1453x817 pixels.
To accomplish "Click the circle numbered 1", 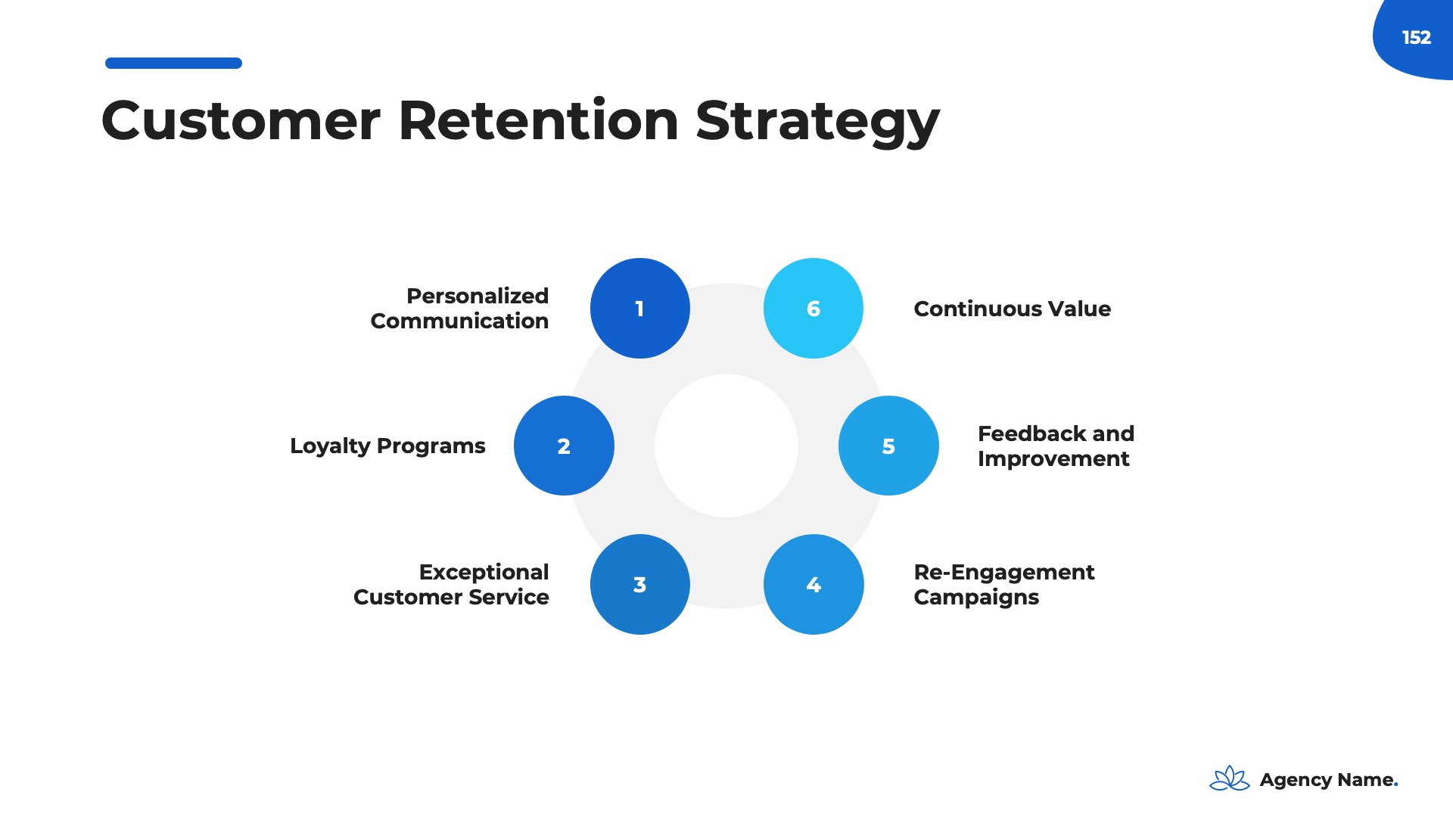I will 639,308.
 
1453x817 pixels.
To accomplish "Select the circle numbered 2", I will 564,446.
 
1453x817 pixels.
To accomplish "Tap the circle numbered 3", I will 639,584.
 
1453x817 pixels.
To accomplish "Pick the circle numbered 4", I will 814,584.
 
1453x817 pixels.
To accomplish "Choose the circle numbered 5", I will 888,446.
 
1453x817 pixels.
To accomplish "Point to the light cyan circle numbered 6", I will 814,308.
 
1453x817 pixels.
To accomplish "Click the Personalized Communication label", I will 459,308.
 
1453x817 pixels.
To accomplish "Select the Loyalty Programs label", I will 387,446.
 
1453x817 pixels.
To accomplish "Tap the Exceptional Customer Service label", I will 452,584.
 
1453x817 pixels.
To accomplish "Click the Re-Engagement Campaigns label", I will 1003,584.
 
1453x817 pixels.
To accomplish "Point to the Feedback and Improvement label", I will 1056,446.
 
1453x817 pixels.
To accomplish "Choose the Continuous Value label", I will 1012,309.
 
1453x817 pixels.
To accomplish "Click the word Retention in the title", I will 538,121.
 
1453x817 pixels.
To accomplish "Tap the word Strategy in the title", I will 817,121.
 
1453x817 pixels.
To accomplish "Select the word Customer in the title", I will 241,121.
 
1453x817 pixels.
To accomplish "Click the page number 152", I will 1416,37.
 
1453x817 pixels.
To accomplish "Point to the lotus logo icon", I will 1230,778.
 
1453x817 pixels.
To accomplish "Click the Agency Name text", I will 1328,780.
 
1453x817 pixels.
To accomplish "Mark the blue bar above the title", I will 173,64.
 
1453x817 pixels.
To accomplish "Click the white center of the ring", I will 726,446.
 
